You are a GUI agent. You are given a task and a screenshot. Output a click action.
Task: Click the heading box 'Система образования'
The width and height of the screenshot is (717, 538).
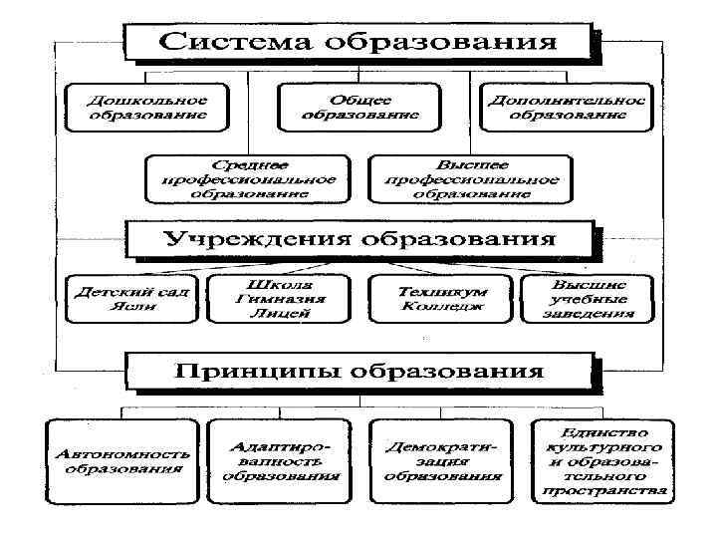click(x=360, y=43)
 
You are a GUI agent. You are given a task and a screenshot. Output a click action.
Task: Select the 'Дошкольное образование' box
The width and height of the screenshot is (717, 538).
click(x=145, y=108)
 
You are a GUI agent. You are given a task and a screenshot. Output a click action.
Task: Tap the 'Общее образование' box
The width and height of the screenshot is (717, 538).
click(x=360, y=108)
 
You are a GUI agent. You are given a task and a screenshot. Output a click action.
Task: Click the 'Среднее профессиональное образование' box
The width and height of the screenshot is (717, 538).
click(x=248, y=179)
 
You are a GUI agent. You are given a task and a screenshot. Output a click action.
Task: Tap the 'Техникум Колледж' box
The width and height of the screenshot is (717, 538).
click(x=441, y=299)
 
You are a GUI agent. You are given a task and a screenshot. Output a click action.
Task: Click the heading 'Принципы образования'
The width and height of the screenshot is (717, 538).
click(x=360, y=371)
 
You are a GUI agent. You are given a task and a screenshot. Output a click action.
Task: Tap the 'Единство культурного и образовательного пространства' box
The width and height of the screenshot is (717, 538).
click(x=604, y=461)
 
